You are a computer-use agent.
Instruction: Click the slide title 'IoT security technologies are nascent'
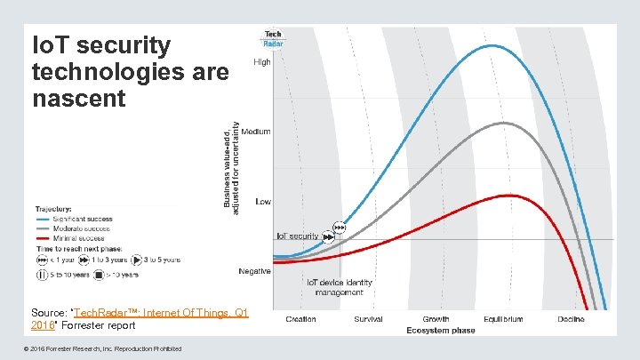coord(130,72)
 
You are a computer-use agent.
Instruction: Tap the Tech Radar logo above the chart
coord(272,38)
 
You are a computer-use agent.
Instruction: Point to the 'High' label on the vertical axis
coord(263,62)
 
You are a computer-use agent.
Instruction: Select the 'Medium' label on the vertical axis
coord(256,132)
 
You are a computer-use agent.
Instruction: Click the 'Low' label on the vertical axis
coord(263,202)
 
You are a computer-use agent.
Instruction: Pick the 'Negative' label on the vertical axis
coord(254,271)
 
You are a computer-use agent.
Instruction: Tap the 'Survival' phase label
coord(368,319)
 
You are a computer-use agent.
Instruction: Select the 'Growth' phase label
coord(436,319)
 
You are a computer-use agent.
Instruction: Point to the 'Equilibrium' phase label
coord(503,319)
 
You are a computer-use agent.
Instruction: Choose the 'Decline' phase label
coord(572,319)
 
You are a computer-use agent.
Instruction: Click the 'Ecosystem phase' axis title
coord(441,331)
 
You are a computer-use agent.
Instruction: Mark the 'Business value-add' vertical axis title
coord(229,166)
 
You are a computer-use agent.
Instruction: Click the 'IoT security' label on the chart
coord(297,236)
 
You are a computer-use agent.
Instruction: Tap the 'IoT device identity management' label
coord(340,287)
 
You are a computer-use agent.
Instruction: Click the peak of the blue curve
coord(492,45)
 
